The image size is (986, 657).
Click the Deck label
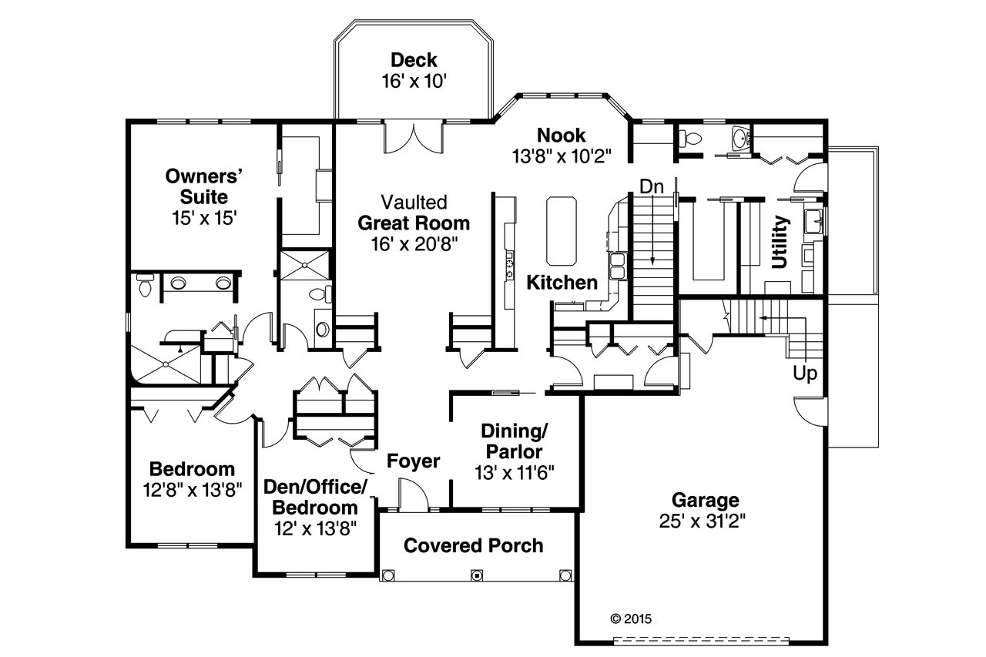[414, 60]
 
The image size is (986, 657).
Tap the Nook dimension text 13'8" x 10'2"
[561, 156]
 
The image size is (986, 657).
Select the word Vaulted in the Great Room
[414, 203]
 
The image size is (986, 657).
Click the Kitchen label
[562, 283]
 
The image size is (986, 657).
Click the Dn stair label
[652, 186]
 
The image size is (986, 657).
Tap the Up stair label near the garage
[807, 374]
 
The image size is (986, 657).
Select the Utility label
[780, 243]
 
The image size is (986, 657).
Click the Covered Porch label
[473, 546]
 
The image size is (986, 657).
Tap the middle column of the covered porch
[477, 575]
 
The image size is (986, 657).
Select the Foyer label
[413, 461]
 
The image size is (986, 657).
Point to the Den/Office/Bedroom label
[314, 498]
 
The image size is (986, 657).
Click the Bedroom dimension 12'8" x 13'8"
[192, 489]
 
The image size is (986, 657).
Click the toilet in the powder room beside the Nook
[692, 139]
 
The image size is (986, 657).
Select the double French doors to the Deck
[413, 137]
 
